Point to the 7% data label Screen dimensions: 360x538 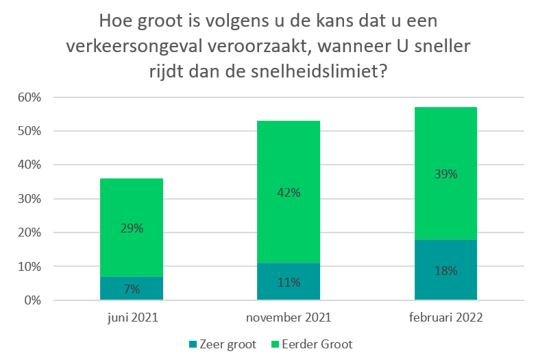(x=132, y=289)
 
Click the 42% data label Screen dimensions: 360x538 (x=289, y=193)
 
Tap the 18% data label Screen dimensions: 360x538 (x=445, y=270)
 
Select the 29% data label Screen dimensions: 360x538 (x=132, y=228)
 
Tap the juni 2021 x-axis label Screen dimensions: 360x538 (x=132, y=318)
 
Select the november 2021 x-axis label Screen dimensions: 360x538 (x=289, y=318)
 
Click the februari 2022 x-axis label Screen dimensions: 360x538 (x=445, y=318)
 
